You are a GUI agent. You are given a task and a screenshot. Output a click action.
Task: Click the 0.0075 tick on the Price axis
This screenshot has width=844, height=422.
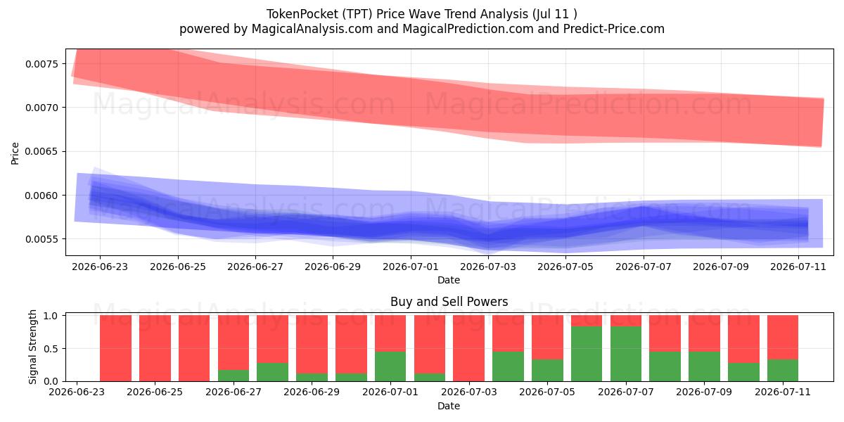41,64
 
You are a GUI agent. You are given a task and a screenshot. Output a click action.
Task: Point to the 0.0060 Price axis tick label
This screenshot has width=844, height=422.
41,196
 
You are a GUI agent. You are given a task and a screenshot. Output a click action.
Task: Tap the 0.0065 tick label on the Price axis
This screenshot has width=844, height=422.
41,151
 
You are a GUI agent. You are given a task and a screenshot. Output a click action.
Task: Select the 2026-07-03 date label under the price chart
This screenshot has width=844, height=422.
488,267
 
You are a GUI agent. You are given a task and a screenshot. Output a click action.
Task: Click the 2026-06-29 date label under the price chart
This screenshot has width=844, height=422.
333,267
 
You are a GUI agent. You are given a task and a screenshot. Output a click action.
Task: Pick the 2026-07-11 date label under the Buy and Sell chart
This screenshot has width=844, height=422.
783,392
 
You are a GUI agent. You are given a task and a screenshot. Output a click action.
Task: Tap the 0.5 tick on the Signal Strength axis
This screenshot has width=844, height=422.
51,349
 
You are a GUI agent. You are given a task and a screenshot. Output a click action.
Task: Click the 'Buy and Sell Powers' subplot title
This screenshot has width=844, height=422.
449,302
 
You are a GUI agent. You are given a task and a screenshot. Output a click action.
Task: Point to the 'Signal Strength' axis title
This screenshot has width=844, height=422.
33,347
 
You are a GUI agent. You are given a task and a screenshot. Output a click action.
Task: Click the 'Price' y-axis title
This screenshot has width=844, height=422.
15,153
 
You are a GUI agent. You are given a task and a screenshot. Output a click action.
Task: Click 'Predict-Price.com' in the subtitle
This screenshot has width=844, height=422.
614,29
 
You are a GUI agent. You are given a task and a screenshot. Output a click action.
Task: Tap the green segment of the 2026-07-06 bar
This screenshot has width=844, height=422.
587,354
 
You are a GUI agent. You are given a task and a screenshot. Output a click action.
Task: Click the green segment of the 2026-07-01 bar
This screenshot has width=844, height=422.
390,366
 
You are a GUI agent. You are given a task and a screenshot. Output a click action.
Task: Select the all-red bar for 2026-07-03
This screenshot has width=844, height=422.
468,348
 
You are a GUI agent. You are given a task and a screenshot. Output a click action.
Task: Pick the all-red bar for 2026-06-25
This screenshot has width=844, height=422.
155,348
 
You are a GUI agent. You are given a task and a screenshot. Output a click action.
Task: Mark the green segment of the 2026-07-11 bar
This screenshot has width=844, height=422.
783,371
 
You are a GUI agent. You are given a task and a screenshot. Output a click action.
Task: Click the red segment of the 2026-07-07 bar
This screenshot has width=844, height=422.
626,321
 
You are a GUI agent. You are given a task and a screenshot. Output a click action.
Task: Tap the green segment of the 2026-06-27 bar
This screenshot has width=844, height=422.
234,376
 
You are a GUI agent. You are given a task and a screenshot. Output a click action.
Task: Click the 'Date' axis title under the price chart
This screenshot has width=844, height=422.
449,280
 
